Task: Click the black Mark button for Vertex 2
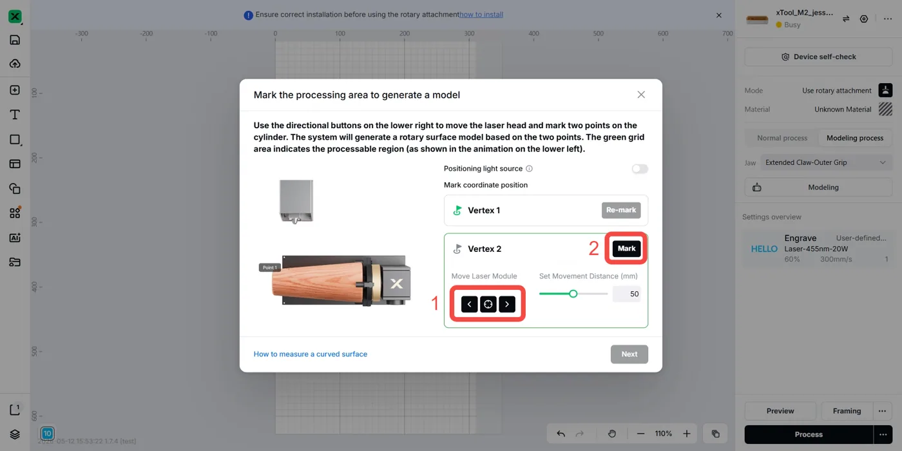(x=626, y=249)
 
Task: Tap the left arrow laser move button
(x=469, y=304)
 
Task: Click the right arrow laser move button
(x=507, y=304)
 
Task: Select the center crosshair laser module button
(x=488, y=304)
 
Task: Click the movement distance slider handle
(x=573, y=294)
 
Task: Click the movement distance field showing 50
(x=626, y=294)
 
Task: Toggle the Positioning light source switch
(x=639, y=169)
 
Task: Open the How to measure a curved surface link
(x=311, y=354)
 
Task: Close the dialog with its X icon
(x=641, y=95)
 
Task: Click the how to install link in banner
(x=481, y=14)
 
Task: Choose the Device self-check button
(x=818, y=57)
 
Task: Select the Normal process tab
(x=782, y=138)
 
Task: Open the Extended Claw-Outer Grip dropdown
(x=826, y=162)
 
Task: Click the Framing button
(x=847, y=411)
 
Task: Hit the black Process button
(x=809, y=434)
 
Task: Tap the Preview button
(x=780, y=411)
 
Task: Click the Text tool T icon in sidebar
(x=15, y=115)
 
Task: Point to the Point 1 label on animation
(x=270, y=267)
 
